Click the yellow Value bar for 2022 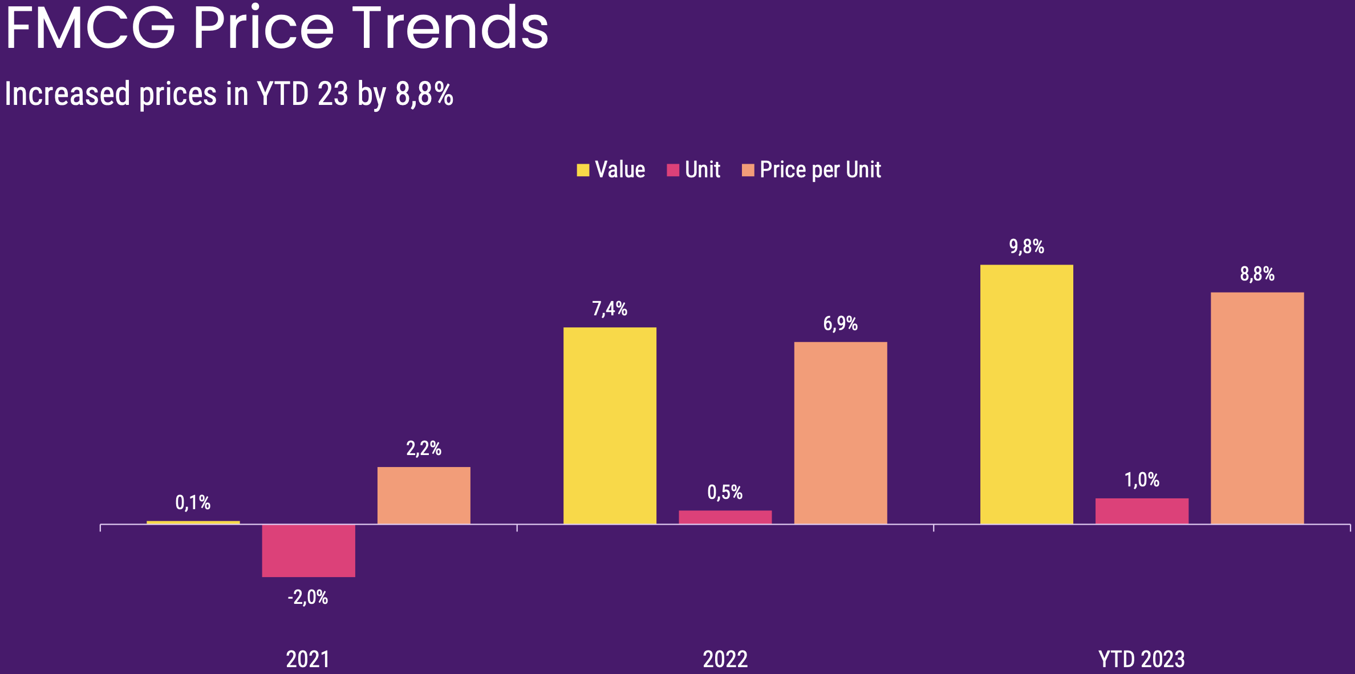point(610,425)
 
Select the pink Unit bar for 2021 point(309,550)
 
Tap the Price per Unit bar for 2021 point(424,495)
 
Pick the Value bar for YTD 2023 point(1027,394)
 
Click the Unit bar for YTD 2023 point(1142,511)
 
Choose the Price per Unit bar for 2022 point(841,433)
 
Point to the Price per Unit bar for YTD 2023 point(1257,408)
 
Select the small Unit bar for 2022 point(725,517)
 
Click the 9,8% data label point(1027,247)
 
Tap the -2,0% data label point(308,598)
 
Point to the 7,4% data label point(610,309)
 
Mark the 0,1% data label point(193,503)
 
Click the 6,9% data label point(840,324)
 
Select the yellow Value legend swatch point(583,170)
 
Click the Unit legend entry point(702,170)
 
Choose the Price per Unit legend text point(820,170)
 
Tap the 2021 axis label point(308,659)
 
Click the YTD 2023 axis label point(1142,659)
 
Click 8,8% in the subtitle point(424,94)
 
